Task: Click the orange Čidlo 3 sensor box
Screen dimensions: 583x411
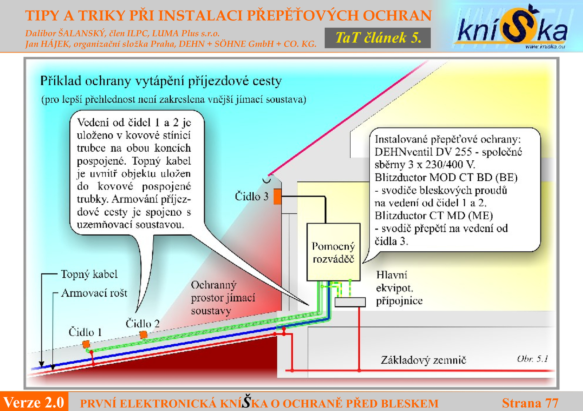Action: [277, 196]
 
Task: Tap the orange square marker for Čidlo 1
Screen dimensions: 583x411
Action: [86, 344]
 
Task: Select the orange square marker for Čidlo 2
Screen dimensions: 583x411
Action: [144, 334]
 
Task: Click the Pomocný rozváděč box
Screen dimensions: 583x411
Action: [333, 252]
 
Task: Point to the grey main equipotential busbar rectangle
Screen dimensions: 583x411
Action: [350, 302]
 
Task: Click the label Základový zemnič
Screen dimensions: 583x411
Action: [423, 360]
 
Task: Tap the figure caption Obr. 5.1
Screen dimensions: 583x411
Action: [532, 359]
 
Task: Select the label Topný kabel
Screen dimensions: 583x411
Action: [89, 274]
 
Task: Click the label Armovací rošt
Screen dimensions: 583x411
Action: [94, 293]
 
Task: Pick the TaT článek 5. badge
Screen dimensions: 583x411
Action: [377, 38]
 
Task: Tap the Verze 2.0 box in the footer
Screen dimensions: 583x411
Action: [34, 402]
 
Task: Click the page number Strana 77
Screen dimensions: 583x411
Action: [530, 403]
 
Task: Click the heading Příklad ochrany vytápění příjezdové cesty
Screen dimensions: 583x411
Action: [161, 81]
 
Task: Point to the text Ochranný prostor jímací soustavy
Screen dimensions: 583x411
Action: [223, 298]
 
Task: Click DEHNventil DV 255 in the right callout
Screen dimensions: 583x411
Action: [423, 152]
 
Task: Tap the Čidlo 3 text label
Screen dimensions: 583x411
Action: [251, 196]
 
